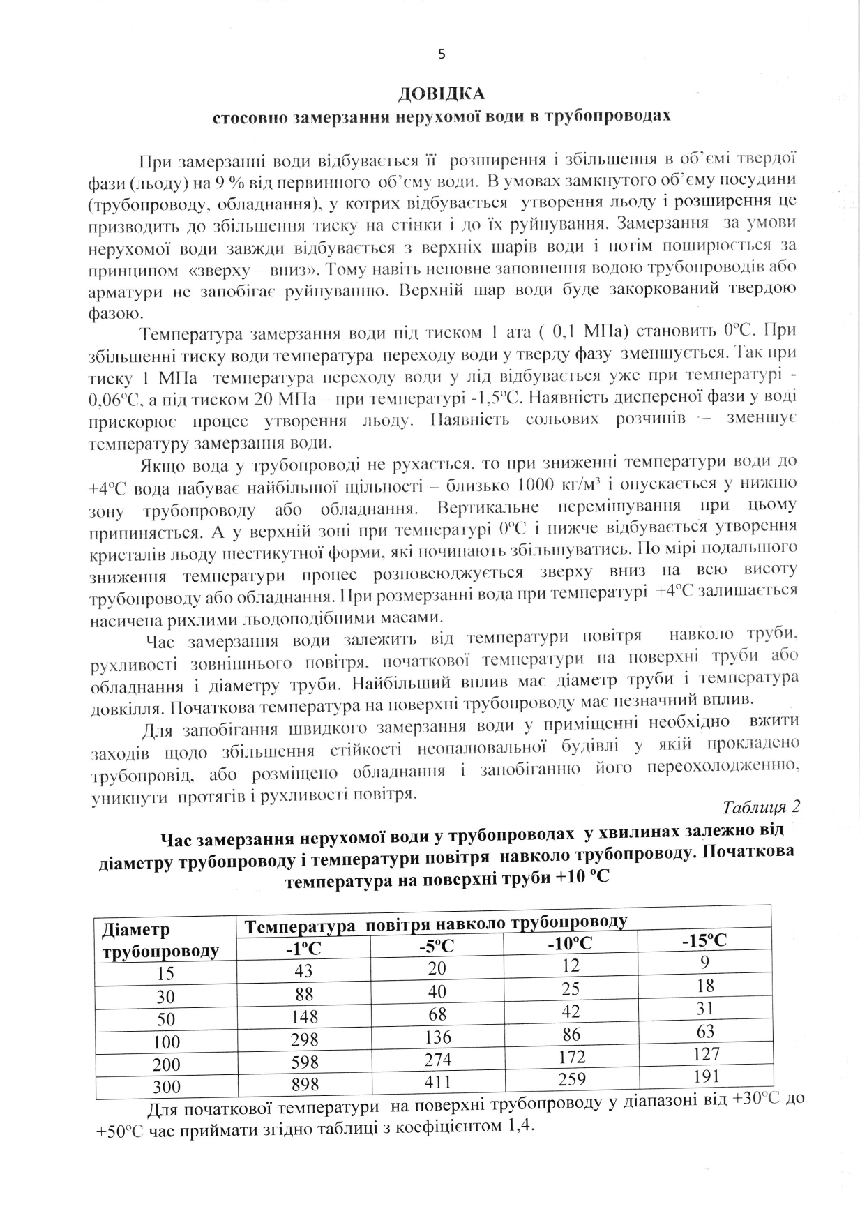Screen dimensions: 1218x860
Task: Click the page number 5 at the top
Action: (x=440, y=54)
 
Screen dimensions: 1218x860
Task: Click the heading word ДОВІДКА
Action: (x=441, y=93)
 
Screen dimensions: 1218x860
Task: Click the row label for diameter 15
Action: (x=165, y=975)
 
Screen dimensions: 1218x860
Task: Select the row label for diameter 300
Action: (x=166, y=1087)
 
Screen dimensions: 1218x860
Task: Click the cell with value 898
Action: (x=305, y=1084)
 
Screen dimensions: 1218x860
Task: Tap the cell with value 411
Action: (x=438, y=1082)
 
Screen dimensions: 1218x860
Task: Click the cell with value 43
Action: (x=304, y=971)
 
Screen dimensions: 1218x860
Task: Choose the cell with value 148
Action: (x=305, y=1016)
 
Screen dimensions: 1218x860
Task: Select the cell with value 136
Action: (x=437, y=1037)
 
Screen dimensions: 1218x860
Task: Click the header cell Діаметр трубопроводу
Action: (x=160, y=941)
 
